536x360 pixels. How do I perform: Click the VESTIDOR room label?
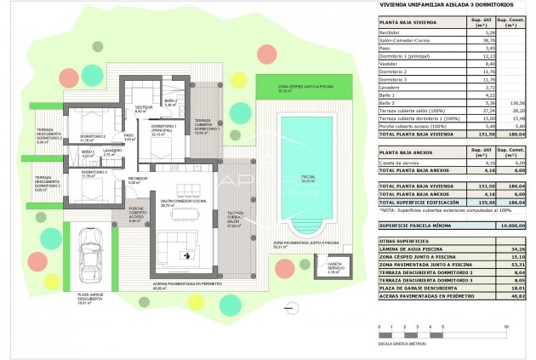(x=143, y=109)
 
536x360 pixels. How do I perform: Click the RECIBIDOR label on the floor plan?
(x=138, y=180)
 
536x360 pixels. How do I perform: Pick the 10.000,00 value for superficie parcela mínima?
(x=505, y=226)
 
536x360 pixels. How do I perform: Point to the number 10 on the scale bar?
(x=506, y=326)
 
